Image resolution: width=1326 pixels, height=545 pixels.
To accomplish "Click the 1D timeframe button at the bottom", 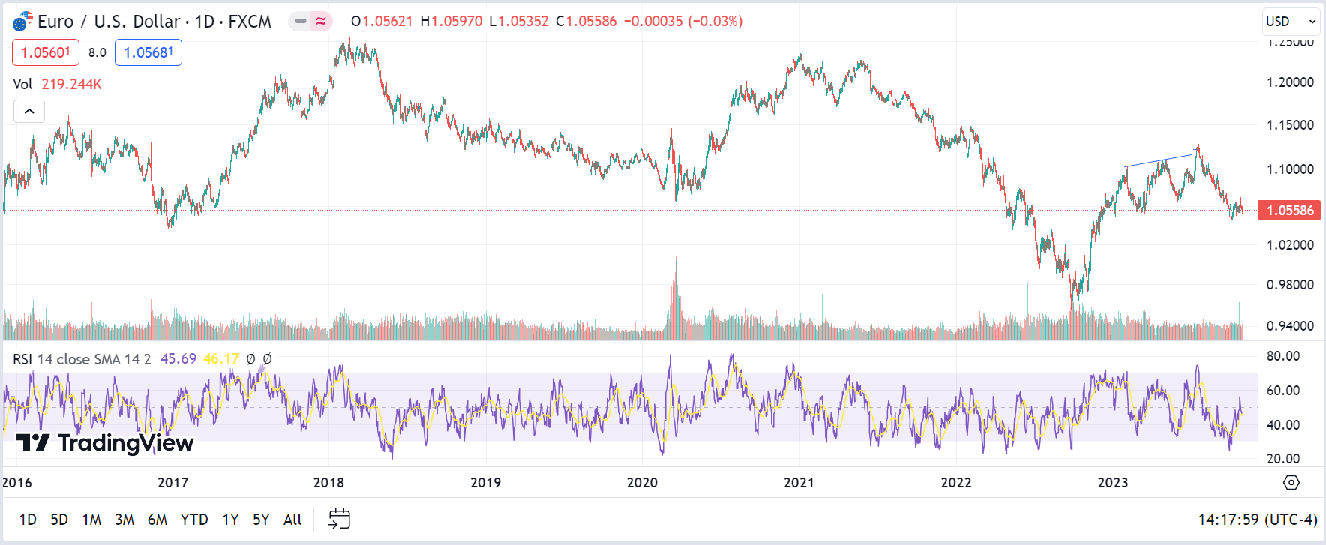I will point(28,520).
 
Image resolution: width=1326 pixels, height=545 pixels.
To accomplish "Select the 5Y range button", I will point(261,520).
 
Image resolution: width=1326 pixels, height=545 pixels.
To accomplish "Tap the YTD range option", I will point(194,520).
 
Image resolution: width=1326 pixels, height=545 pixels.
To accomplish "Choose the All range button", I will point(292,520).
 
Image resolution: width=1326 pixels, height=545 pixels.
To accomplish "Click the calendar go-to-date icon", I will point(340,519).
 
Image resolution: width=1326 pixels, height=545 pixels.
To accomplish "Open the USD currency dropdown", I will point(1291,22).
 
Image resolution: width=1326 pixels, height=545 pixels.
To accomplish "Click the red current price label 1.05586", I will point(1290,211).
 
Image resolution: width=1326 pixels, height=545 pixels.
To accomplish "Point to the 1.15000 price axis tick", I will point(1290,125).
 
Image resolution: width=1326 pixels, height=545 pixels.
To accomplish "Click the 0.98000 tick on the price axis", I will point(1290,285).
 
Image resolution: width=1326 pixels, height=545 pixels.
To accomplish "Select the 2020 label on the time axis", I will point(642,483).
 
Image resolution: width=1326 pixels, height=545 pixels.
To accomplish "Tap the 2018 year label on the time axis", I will point(328,483).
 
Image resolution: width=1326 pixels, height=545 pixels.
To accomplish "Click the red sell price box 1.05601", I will point(46,52).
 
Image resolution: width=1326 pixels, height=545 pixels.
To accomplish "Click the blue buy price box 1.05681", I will point(148,52).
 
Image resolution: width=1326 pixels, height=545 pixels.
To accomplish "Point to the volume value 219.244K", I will point(71,84).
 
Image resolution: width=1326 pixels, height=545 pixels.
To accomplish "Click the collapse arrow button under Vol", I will point(29,112).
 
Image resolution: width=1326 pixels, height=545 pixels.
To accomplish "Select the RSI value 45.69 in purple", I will point(178,359).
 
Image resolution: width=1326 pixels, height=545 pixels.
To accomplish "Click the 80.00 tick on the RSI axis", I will point(1282,356).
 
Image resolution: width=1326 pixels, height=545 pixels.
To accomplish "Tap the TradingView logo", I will point(105,443).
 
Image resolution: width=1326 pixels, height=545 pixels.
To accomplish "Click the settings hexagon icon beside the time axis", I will point(1291,483).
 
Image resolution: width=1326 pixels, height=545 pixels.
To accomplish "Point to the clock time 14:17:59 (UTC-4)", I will point(1257,520).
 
